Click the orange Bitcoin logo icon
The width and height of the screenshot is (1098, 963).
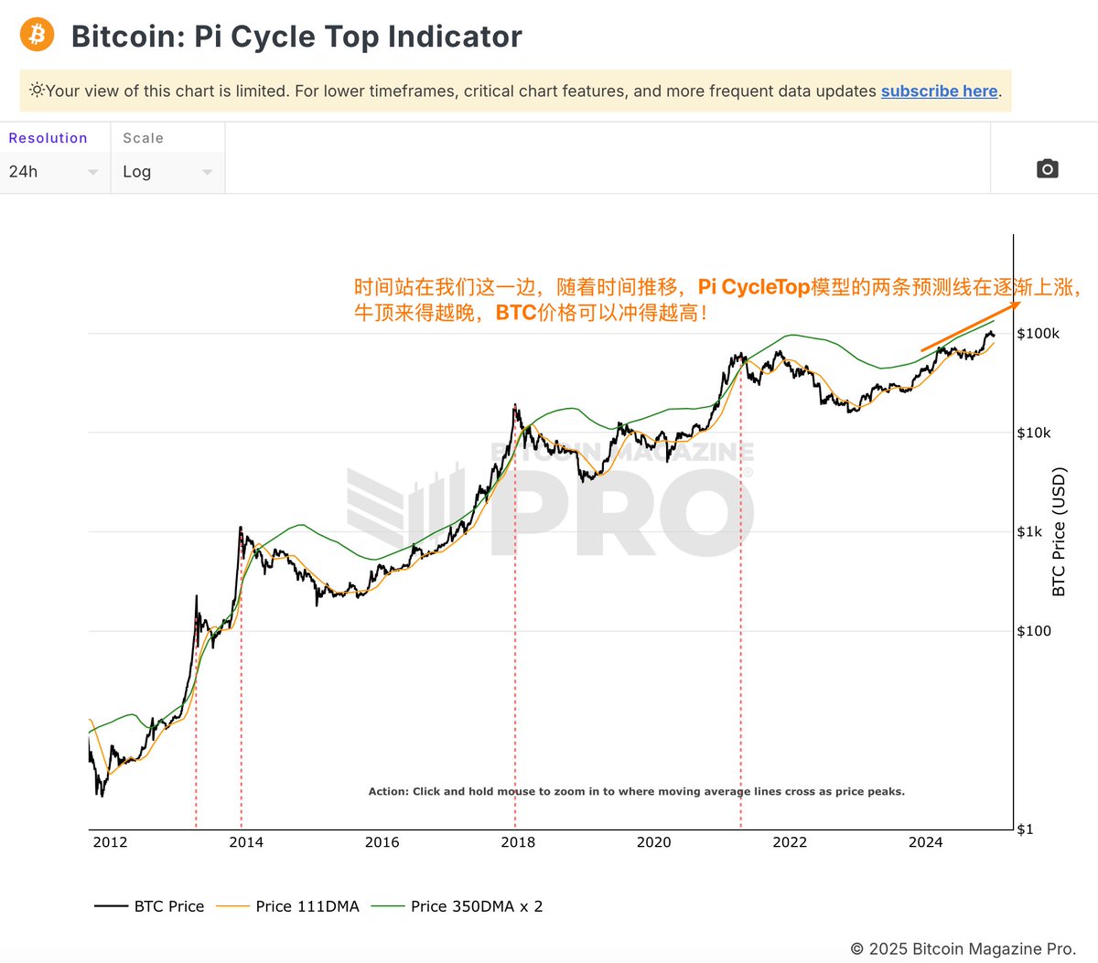(37, 35)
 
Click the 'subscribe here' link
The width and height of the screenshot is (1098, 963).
(939, 91)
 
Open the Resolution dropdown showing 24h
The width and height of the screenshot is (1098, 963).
(54, 172)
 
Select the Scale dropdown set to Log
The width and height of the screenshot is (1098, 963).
(167, 172)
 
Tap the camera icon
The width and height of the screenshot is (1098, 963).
(1047, 169)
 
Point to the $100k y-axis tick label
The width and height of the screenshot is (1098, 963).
(1038, 334)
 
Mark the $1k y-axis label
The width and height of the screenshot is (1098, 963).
(1029, 532)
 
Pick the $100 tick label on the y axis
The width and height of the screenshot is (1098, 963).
(1034, 631)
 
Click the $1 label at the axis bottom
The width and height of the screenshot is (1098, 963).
(1025, 829)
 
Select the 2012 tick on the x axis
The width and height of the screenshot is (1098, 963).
(110, 842)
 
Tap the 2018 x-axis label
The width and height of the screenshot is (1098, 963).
(518, 842)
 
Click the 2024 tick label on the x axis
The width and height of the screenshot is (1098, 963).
(925, 842)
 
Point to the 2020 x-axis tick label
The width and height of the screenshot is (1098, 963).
(653, 842)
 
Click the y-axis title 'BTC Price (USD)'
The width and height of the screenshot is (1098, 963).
(1060, 532)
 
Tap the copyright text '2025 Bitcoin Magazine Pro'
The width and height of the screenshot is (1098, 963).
(971, 949)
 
